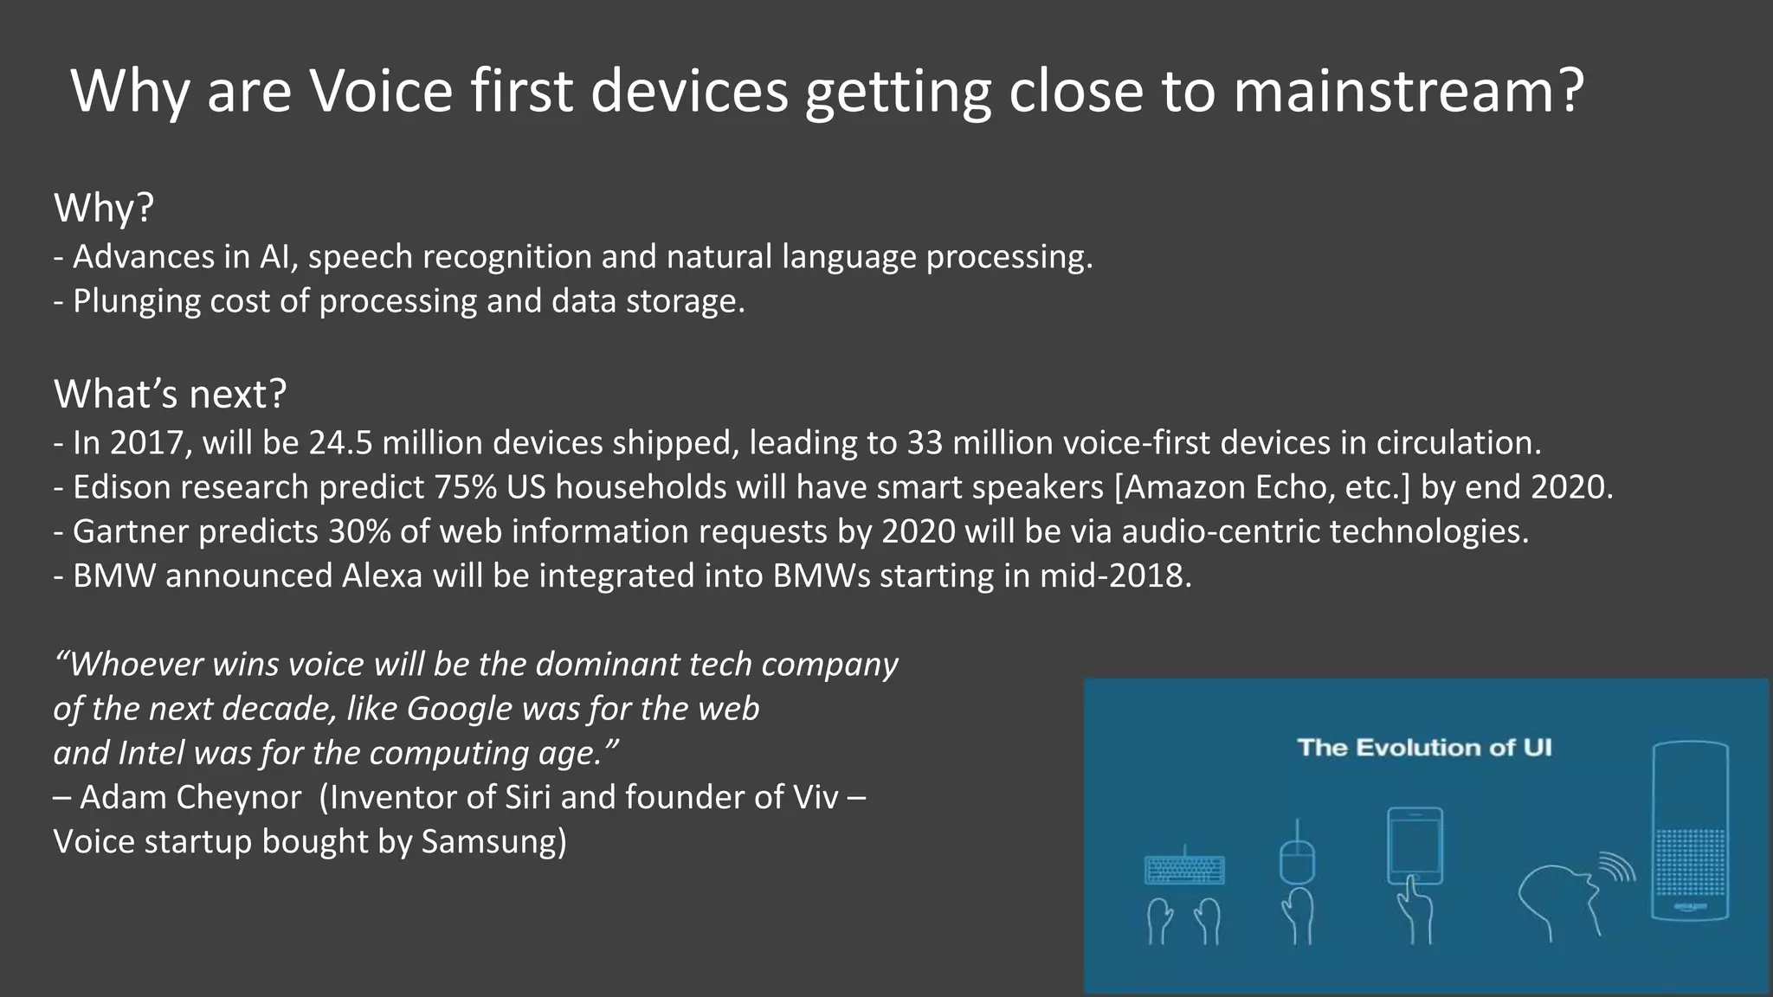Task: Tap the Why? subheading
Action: (x=104, y=209)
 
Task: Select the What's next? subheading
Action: (x=170, y=395)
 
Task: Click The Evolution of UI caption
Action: (x=1424, y=748)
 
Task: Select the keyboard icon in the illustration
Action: (x=1184, y=870)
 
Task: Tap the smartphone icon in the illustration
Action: (x=1415, y=846)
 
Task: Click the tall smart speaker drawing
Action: (x=1690, y=831)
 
